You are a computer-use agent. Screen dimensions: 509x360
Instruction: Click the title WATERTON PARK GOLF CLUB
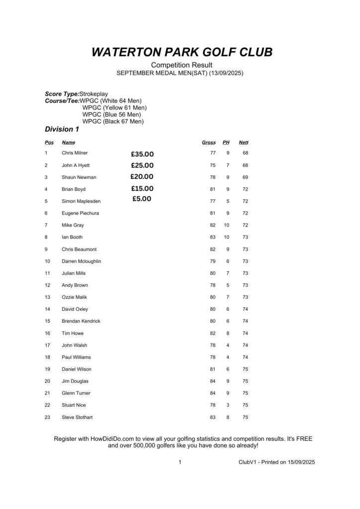click(x=182, y=52)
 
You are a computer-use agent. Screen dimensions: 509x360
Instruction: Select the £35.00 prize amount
click(x=142, y=154)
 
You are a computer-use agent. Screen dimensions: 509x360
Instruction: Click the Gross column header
click(x=208, y=143)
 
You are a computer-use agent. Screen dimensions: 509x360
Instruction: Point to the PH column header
click(x=226, y=143)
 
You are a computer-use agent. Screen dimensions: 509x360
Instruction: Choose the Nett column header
click(x=243, y=143)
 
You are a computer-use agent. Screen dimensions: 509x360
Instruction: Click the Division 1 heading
click(x=62, y=130)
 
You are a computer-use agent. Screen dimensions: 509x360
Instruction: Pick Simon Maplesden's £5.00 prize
click(x=142, y=199)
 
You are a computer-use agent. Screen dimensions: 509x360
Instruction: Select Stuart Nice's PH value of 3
click(x=227, y=405)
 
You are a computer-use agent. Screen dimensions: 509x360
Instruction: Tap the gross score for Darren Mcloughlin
click(x=212, y=261)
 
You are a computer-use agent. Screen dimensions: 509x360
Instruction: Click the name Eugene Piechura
click(x=80, y=213)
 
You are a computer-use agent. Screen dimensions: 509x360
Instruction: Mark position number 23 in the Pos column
click(x=47, y=417)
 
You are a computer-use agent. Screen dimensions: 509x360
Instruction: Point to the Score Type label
click(x=62, y=94)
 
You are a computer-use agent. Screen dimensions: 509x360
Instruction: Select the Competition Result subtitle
click(x=181, y=65)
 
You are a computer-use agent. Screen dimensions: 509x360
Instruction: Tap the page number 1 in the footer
click(x=180, y=462)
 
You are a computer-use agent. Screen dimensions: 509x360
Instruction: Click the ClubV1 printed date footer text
click(x=276, y=462)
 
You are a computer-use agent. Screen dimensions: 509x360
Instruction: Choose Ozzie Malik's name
click(x=74, y=297)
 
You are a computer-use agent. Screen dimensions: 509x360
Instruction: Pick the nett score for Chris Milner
click(x=245, y=153)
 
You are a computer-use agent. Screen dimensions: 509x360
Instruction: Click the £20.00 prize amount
click(x=142, y=176)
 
